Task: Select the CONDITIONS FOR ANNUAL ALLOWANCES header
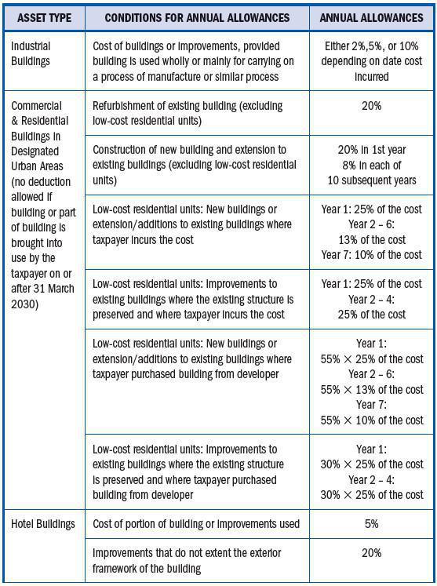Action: pos(197,17)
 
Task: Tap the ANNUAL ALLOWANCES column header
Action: pos(372,17)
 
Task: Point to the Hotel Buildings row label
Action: pos(43,523)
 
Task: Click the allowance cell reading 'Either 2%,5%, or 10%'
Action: pos(372,47)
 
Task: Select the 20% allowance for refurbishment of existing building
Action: pos(372,106)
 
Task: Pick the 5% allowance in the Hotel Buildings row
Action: pos(372,523)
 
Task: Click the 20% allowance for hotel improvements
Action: pos(372,553)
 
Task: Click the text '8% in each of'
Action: pos(372,165)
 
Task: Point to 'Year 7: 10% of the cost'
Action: pos(372,254)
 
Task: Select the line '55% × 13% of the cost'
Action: pos(372,390)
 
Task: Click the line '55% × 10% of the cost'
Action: pos(372,420)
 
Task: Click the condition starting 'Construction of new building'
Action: pos(189,149)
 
